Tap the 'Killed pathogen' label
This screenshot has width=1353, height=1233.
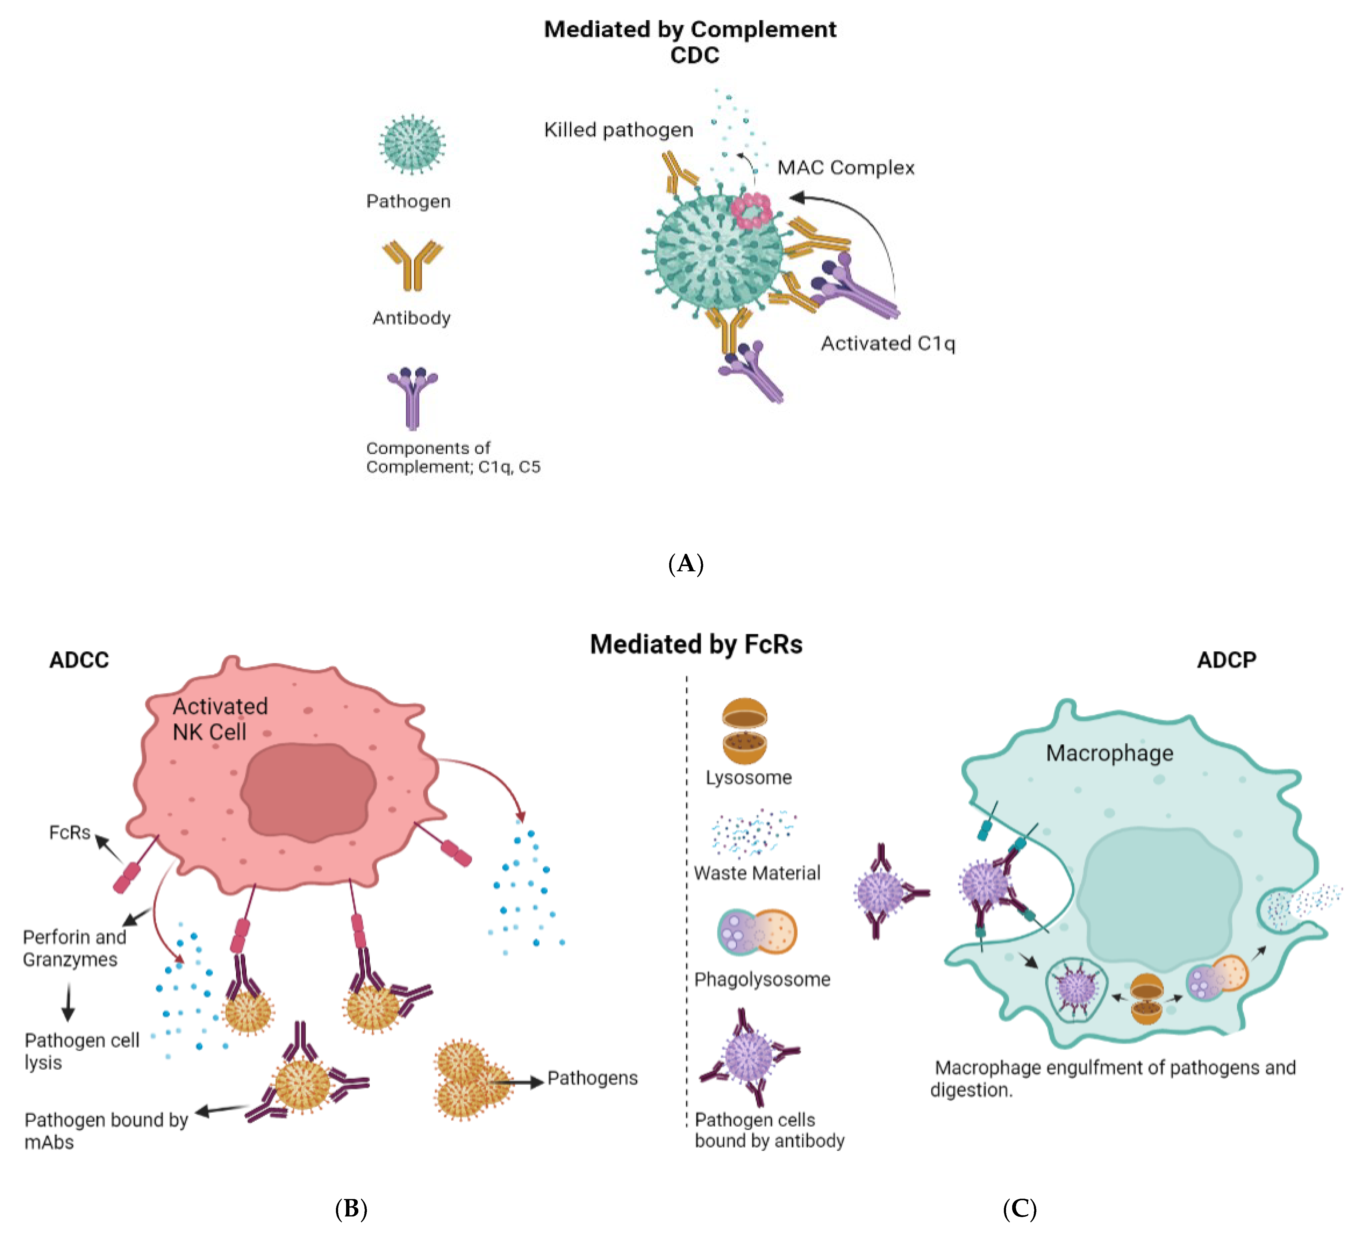(618, 130)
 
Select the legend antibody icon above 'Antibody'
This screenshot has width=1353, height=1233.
(412, 265)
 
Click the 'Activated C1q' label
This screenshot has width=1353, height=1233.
(887, 343)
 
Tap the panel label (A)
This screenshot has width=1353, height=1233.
(685, 563)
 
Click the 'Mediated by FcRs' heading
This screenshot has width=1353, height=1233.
(696, 644)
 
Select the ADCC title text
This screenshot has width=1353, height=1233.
(78, 660)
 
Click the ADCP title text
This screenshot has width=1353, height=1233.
(1226, 660)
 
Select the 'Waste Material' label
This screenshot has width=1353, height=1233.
(757, 873)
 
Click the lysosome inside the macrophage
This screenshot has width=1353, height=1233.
(1146, 999)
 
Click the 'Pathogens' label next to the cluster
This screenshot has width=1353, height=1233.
(592, 1078)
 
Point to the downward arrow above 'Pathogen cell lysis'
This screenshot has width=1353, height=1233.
(68, 1003)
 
